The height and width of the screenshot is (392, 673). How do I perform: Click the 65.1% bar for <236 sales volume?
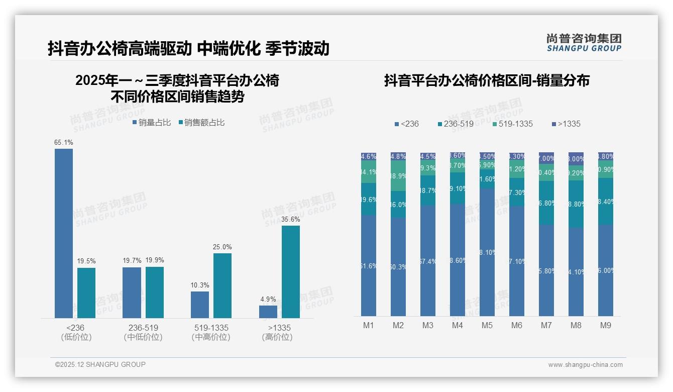[64, 233]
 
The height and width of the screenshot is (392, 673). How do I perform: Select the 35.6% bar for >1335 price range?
[290, 272]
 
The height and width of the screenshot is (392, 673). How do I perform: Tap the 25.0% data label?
[222, 247]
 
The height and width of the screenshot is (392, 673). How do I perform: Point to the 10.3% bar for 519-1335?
[200, 305]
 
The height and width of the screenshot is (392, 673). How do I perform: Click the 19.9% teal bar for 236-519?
[155, 292]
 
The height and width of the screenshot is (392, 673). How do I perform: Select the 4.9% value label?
[268, 299]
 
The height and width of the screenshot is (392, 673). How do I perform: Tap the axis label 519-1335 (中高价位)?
[211, 332]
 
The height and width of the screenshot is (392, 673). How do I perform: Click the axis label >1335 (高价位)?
[277, 332]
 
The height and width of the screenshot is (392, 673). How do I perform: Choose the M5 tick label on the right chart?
[487, 325]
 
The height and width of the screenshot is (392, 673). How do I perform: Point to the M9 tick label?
[605, 325]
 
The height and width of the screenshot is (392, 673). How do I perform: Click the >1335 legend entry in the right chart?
[566, 124]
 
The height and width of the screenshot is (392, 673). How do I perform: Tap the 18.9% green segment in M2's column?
[398, 176]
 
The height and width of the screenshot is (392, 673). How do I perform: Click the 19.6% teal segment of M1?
[369, 199]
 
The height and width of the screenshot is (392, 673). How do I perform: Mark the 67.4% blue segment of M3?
[428, 261]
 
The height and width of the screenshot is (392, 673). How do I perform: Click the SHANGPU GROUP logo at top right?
[584, 43]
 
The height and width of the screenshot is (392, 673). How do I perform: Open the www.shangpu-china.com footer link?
[585, 364]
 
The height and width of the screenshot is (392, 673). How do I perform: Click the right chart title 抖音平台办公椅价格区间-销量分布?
[487, 80]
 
